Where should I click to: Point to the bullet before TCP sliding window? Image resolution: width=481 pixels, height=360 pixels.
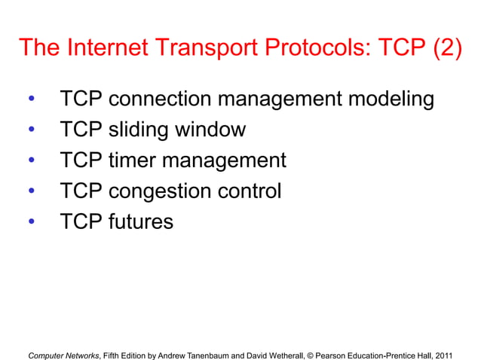[x=31, y=130]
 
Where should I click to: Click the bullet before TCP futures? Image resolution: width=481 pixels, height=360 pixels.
[x=31, y=223]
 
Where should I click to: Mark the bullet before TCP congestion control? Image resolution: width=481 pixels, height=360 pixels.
[x=31, y=192]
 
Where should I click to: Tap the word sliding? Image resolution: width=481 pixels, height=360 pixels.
[x=139, y=130]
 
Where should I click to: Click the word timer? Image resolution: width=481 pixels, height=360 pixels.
[x=135, y=161]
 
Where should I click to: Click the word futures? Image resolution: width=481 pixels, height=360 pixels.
[x=141, y=222]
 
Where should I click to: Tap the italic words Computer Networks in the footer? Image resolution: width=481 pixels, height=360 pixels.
[x=63, y=352]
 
